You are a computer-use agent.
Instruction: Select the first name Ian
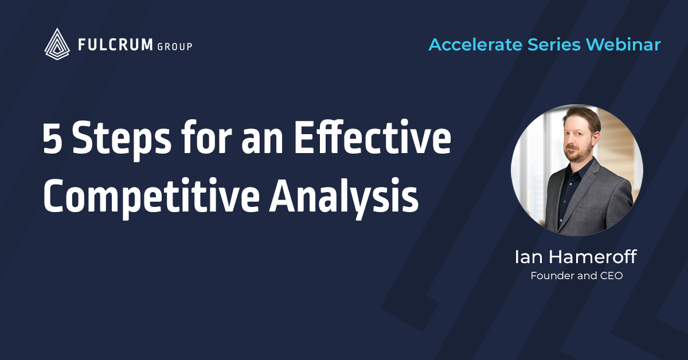[526, 257]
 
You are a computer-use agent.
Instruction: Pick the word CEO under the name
[610, 276]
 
